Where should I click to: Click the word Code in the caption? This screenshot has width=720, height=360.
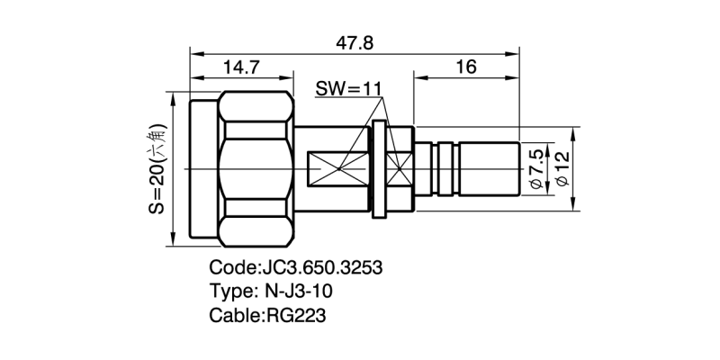pyautogui.click(x=230, y=269)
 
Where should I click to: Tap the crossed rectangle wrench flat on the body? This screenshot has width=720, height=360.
pyautogui.click(x=341, y=168)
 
